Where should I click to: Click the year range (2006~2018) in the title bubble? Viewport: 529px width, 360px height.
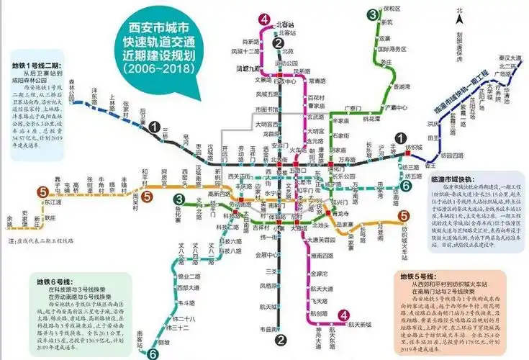point(165,68)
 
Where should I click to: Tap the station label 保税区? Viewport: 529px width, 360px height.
point(392,9)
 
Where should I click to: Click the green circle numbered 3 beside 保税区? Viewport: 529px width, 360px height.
point(373,14)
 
